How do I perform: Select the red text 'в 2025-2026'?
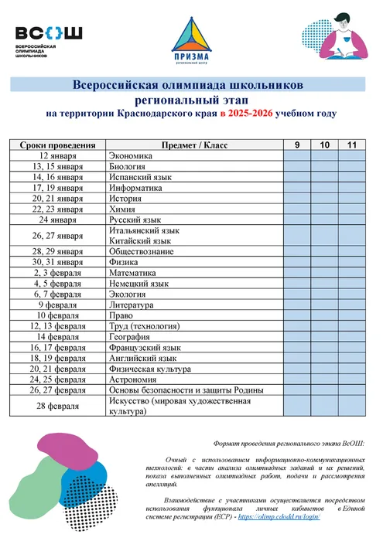[245, 114]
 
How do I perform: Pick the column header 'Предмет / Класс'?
[193, 145]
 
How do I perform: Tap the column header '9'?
[297, 145]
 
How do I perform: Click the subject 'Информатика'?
[134, 187]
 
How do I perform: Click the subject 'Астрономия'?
[132, 379]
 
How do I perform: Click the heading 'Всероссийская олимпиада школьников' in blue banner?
[192, 84]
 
